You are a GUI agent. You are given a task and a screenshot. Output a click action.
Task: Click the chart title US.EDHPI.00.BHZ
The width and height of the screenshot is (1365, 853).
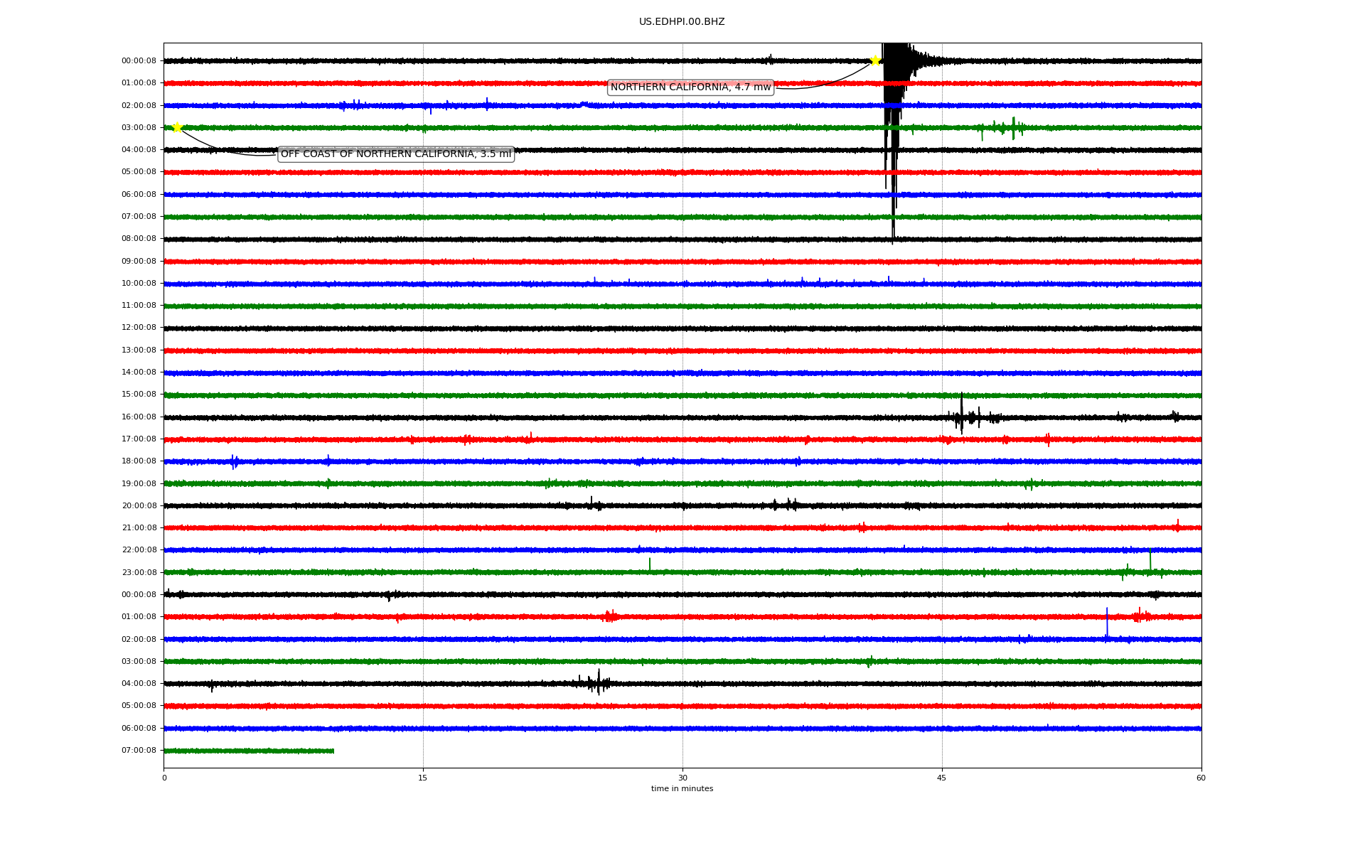[x=682, y=22]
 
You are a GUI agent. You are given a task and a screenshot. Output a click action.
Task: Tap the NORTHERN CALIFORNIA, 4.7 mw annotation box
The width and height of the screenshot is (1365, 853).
[x=690, y=87]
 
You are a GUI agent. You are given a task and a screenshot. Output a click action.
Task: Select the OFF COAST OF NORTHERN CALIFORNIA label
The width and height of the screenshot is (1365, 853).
[x=395, y=154]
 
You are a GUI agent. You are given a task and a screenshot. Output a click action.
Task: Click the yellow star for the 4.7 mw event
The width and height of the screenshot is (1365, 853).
[x=875, y=61]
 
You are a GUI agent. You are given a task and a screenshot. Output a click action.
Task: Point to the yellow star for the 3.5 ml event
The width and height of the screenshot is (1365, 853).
[x=177, y=127]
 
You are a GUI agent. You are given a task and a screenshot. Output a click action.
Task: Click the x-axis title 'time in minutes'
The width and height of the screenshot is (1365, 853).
[x=682, y=789]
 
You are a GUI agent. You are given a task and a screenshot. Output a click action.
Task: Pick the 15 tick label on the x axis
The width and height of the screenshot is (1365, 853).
[x=423, y=778]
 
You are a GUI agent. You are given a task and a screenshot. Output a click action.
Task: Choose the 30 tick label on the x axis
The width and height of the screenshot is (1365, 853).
[x=682, y=778]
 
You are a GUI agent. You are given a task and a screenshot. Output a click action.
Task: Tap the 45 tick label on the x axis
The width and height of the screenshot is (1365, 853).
[x=942, y=778]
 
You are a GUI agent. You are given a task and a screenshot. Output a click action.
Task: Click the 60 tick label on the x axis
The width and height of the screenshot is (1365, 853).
[x=1201, y=778]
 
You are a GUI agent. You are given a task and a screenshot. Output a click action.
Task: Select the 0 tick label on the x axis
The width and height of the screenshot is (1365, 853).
[x=164, y=778]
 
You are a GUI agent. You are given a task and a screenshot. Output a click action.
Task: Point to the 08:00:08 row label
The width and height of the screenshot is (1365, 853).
[x=139, y=239]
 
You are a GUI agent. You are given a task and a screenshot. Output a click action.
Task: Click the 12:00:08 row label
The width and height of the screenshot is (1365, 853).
[x=139, y=328]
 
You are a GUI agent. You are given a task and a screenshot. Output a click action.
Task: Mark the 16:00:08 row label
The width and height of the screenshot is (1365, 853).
[x=139, y=417]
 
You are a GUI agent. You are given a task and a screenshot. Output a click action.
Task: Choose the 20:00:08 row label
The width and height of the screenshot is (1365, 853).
[x=139, y=506]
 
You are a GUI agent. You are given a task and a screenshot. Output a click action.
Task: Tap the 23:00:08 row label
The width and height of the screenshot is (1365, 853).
[x=139, y=573]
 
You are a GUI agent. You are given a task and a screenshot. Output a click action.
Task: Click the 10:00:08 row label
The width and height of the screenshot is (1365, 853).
[x=139, y=284]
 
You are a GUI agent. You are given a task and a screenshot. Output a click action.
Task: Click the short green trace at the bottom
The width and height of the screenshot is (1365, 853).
[x=249, y=751]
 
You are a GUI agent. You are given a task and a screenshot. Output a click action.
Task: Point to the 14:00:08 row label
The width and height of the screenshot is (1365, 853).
[x=139, y=372]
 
